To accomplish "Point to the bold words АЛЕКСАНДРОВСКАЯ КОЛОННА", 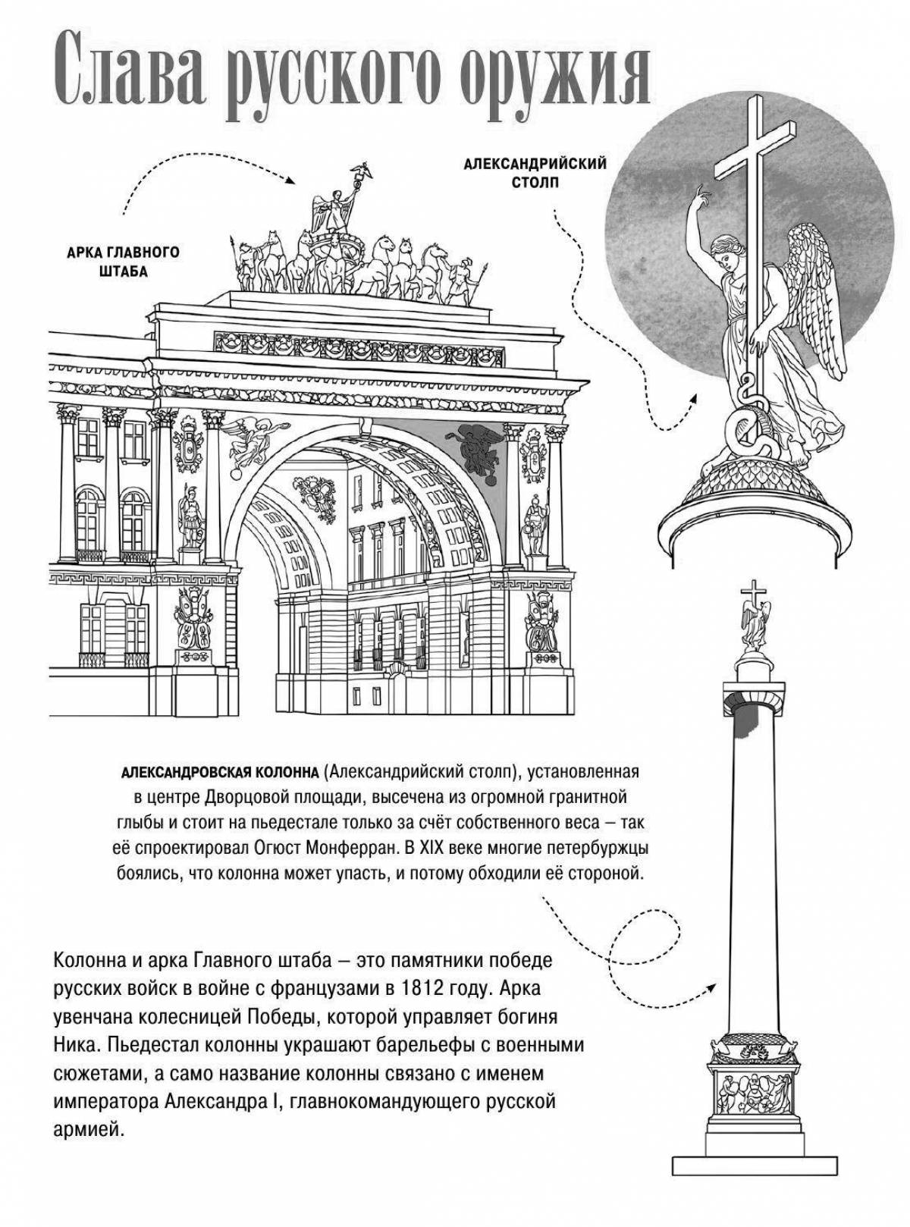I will pyautogui.click(x=220, y=773).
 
